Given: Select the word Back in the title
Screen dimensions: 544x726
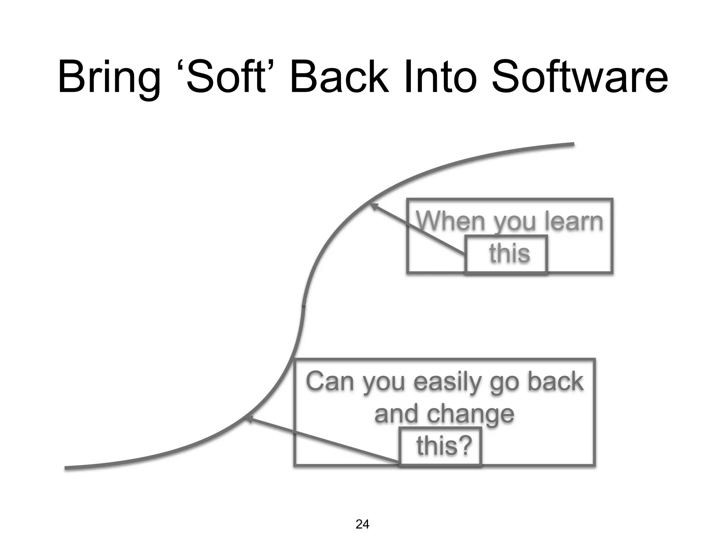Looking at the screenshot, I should pos(339,77).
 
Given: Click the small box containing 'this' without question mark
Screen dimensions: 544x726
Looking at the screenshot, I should pos(506,254).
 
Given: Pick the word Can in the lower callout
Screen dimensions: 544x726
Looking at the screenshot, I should pos(330,382).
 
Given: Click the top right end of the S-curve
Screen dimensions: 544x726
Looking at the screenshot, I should pos(572,144).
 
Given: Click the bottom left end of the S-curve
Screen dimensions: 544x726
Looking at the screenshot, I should pos(67,468).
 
